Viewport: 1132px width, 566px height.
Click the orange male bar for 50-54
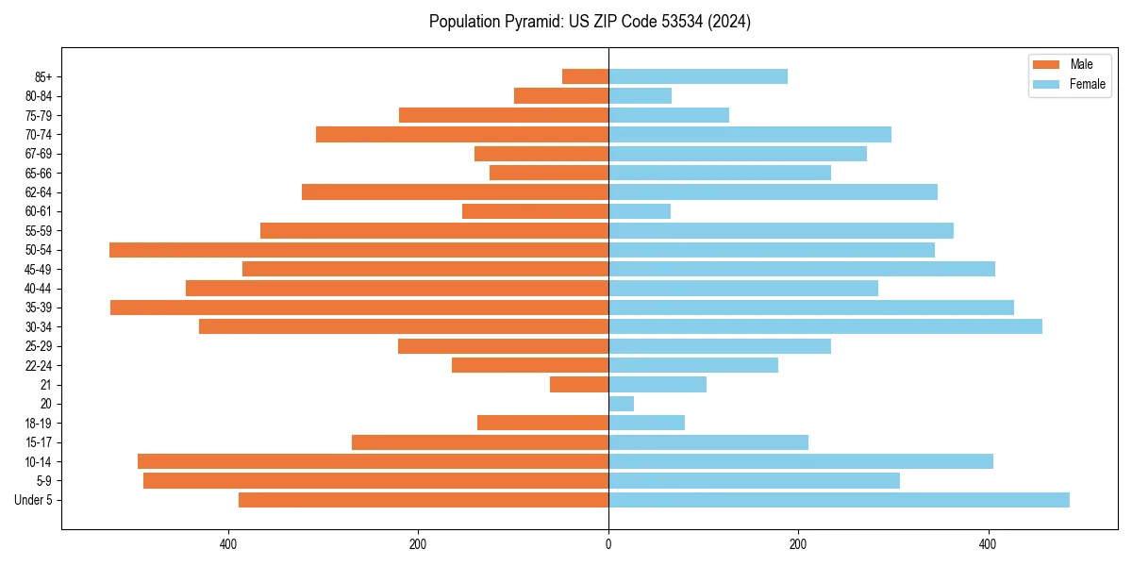358,250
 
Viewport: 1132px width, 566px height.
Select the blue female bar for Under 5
839,500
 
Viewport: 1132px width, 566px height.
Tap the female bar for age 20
622,404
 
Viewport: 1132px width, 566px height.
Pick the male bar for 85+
585,76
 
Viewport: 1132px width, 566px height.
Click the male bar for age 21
579,385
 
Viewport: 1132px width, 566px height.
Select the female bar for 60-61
640,211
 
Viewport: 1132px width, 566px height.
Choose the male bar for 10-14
373,461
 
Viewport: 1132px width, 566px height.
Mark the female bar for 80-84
640,96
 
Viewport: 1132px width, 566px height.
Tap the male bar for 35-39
359,308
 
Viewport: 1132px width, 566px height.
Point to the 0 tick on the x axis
608,544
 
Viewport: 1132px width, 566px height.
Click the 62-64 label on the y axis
39,192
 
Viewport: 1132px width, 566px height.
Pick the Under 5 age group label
34,500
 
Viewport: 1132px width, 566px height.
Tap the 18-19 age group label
39,424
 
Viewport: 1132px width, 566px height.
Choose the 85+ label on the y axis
42,76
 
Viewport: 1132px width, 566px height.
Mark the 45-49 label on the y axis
39,269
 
